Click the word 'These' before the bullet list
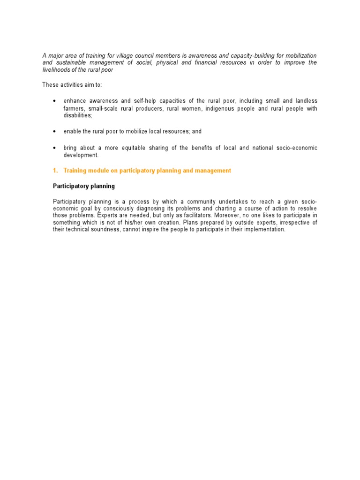point(50,85)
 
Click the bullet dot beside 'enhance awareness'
point(55,101)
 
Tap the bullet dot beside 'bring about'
point(55,148)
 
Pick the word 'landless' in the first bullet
point(306,101)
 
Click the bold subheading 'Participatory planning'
point(83,186)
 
